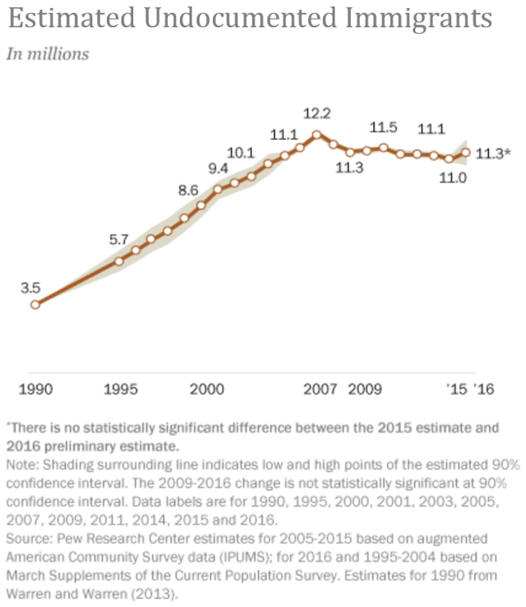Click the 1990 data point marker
click(x=35, y=304)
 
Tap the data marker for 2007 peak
click(x=316, y=134)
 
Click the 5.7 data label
click(x=119, y=240)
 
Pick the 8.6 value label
click(x=188, y=190)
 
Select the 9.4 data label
click(x=219, y=169)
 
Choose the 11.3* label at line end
click(x=494, y=152)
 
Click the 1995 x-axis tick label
click(x=120, y=389)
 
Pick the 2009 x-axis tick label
click(x=364, y=389)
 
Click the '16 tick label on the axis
click(x=482, y=389)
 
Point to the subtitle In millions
click(x=48, y=54)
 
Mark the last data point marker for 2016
click(x=466, y=152)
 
